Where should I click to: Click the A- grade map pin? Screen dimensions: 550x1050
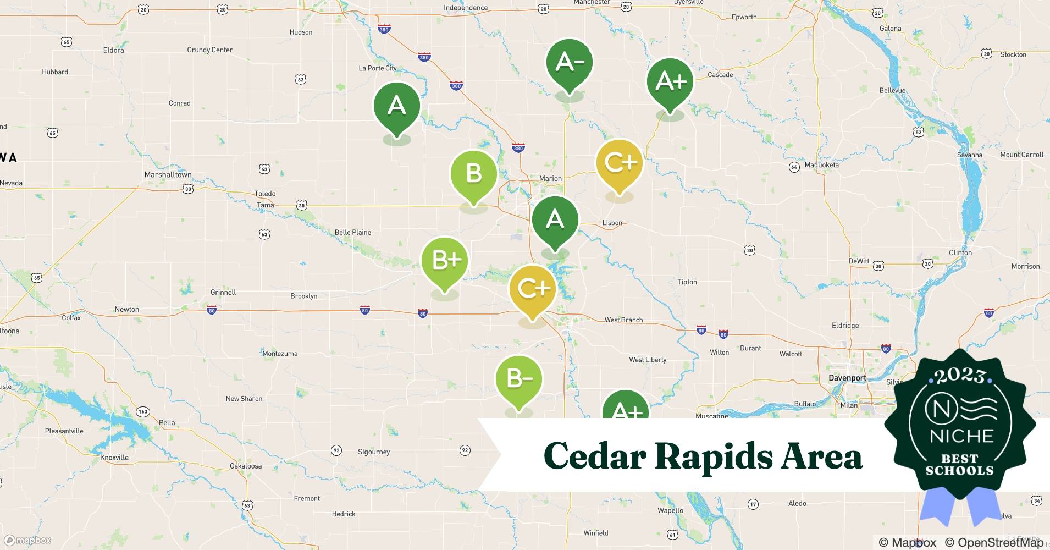coord(569,63)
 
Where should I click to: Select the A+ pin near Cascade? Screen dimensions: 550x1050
coord(670,82)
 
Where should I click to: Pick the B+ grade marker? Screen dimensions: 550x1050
coord(445,261)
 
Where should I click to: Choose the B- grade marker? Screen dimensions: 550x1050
coord(518,380)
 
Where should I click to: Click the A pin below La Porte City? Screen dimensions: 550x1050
coord(396,106)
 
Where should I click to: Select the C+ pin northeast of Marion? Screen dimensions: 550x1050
coord(620,163)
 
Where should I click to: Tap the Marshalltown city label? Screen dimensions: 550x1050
coord(168,175)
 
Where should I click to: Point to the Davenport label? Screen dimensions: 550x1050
coord(847,378)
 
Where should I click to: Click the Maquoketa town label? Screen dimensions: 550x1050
coord(821,165)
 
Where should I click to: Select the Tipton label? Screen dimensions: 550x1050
coord(687,282)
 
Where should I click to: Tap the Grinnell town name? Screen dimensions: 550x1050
coord(223,293)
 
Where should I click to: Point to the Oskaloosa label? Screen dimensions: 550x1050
coord(246,466)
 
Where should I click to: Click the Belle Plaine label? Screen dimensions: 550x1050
coord(352,233)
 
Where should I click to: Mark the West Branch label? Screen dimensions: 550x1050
coord(623,320)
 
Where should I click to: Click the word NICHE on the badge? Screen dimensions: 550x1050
coord(961,436)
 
